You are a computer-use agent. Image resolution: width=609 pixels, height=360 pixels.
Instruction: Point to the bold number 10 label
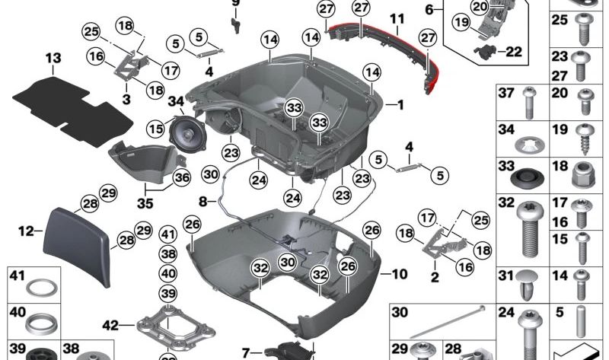(400, 272)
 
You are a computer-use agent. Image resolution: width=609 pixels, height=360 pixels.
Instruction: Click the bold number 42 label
(111, 325)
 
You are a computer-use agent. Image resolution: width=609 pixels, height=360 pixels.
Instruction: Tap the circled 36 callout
(181, 177)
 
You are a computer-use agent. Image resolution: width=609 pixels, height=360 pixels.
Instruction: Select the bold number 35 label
(144, 203)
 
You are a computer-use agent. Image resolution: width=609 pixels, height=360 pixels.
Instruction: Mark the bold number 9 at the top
(235, 2)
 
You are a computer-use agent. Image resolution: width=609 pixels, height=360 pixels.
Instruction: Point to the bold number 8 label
(202, 202)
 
